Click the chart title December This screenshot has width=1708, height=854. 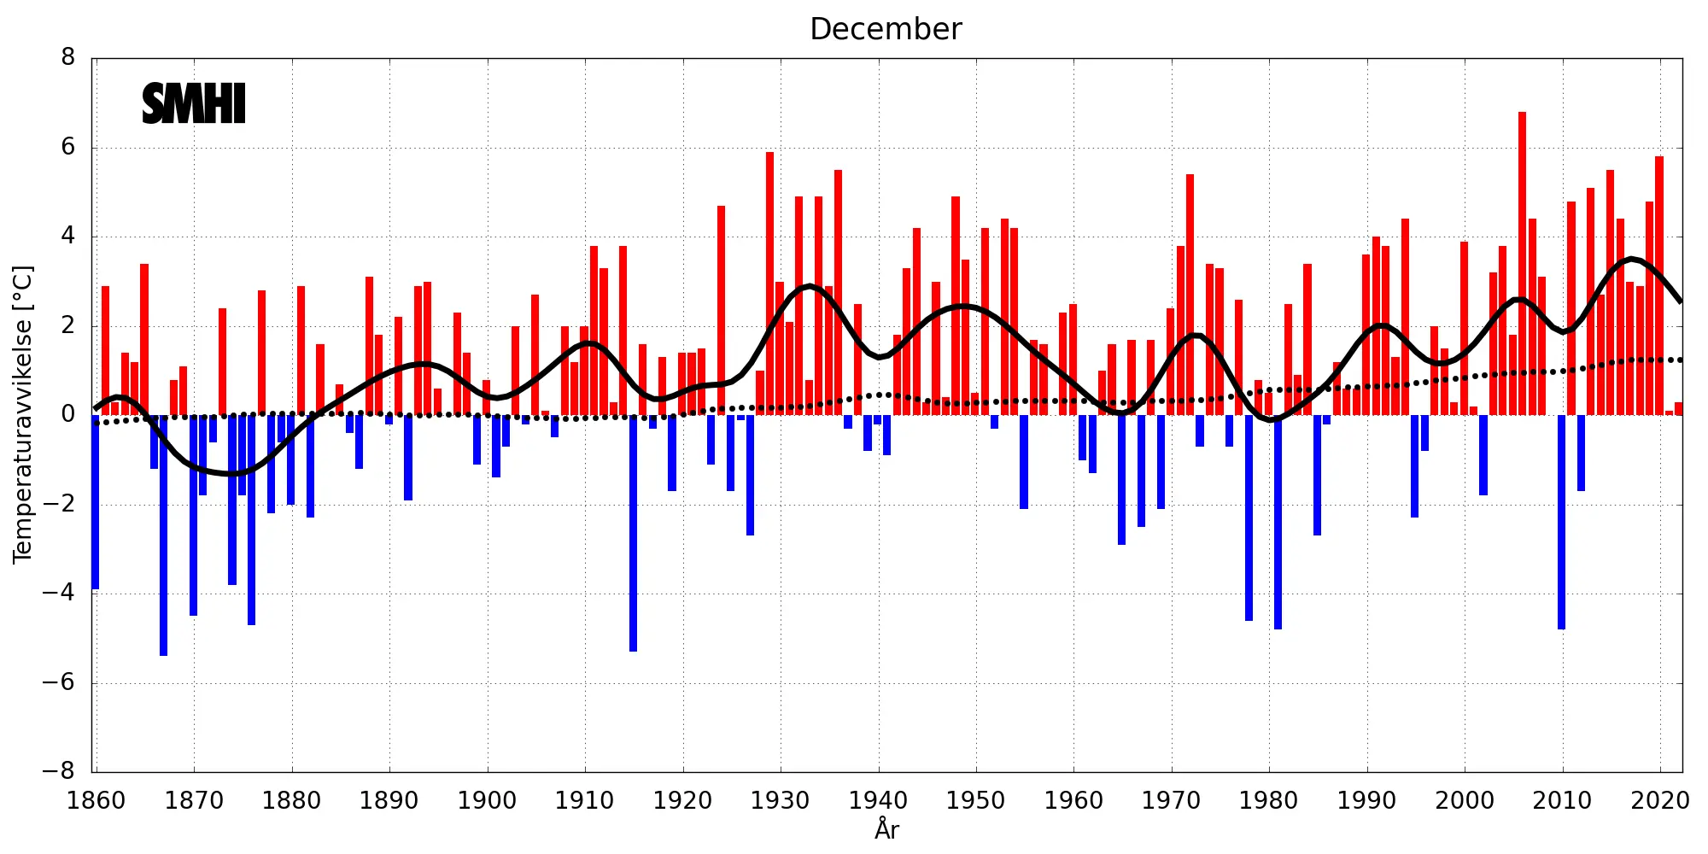pyautogui.click(x=886, y=29)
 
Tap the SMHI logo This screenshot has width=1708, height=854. pyautogui.click(x=194, y=104)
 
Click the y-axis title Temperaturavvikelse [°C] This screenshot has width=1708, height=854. pyautogui.click(x=22, y=414)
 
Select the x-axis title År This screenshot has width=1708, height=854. pyautogui.click(x=886, y=829)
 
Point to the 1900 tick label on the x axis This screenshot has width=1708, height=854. pyautogui.click(x=487, y=801)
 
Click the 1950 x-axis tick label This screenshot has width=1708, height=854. pyautogui.click(x=975, y=801)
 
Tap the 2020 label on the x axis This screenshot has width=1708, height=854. pyautogui.click(x=1659, y=801)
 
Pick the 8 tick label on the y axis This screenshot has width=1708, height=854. pyautogui.click(x=68, y=58)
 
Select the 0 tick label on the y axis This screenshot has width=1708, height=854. pyautogui.click(x=68, y=415)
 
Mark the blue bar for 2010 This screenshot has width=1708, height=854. pyautogui.click(x=1561, y=522)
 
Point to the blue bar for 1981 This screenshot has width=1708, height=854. pyautogui.click(x=1278, y=522)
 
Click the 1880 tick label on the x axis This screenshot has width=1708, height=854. pyautogui.click(x=291, y=801)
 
